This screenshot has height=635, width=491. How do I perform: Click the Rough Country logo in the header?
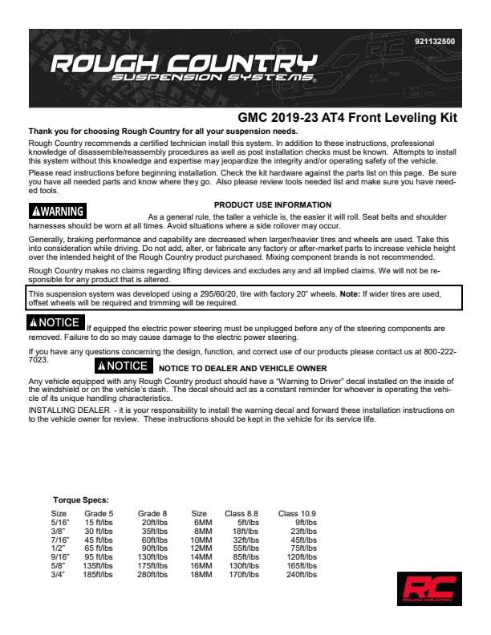coord(183,70)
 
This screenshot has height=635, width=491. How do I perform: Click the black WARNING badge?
coord(58,212)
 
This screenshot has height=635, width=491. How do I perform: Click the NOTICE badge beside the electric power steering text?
coord(55,322)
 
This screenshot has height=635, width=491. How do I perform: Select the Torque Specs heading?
coord(80,500)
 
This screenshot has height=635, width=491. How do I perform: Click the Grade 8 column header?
coord(152,513)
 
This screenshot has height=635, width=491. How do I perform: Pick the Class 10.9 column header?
coord(297,513)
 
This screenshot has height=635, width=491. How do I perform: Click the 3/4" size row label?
coord(59,575)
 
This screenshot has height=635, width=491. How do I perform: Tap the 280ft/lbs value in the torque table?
coord(152,575)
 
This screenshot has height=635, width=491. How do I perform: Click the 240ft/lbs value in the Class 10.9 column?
coord(302,575)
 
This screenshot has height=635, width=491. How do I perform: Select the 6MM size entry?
coord(201,522)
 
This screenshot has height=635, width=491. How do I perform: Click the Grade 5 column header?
coord(99,513)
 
